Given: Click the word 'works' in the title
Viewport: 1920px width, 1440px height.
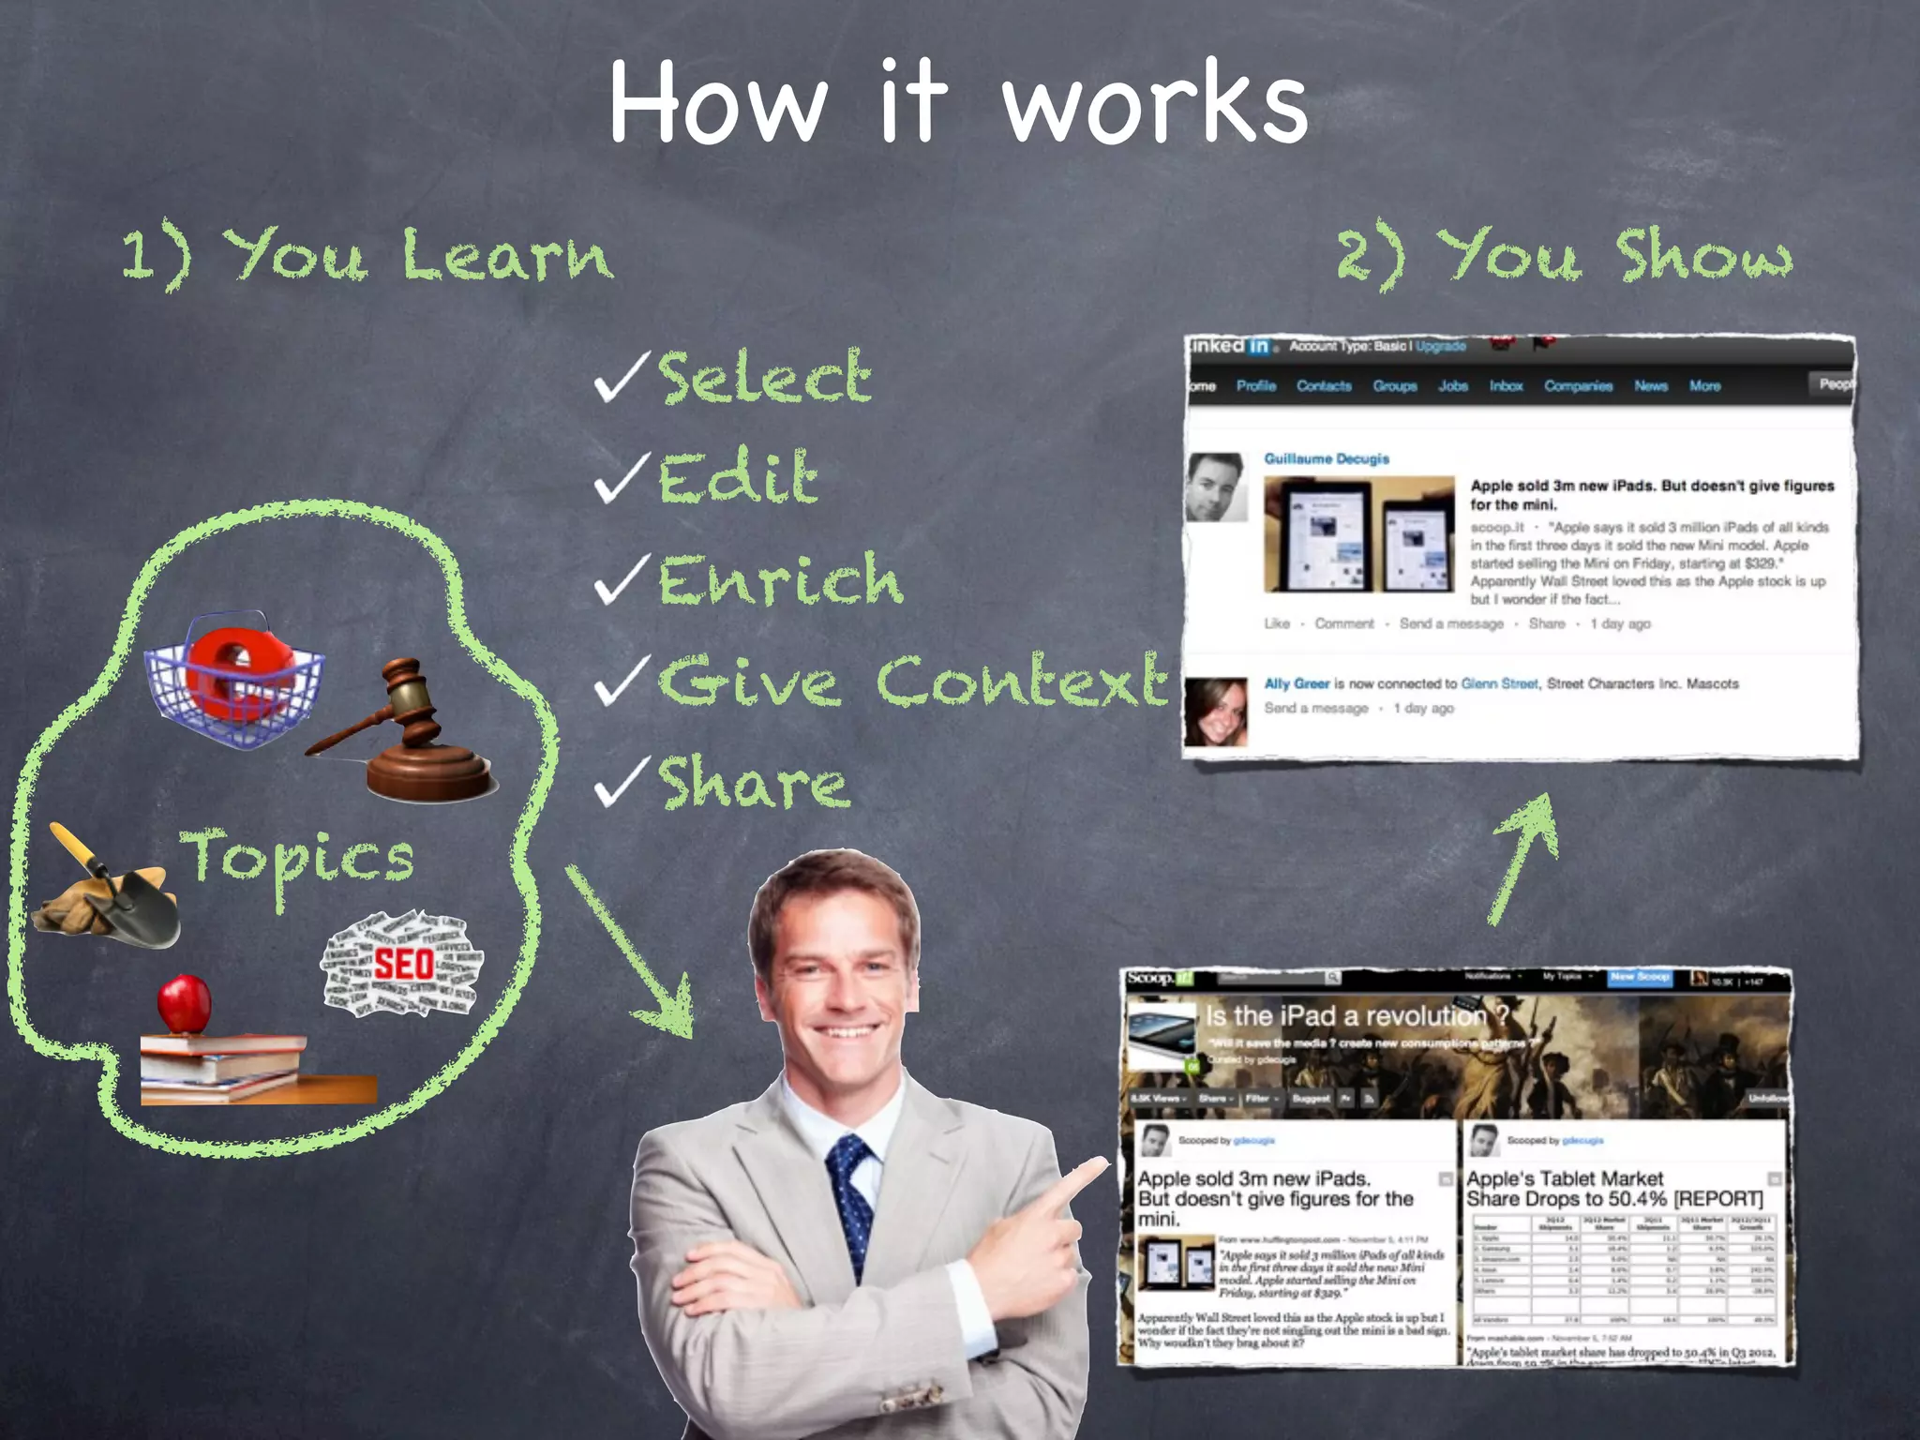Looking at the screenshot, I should coord(1155,105).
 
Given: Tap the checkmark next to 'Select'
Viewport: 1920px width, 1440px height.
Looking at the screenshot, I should coord(621,378).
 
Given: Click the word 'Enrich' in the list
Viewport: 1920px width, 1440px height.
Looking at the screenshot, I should coord(780,580).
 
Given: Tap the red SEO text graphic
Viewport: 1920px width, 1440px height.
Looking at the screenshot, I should coord(403,964).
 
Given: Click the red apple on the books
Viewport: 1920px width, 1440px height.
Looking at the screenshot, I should coord(185,1003).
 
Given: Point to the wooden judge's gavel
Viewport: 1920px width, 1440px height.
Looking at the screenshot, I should coord(412,736).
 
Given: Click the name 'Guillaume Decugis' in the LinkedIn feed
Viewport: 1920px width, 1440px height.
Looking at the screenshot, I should coord(1326,458).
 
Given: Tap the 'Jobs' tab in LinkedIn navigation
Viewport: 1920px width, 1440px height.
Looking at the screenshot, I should coord(1452,386).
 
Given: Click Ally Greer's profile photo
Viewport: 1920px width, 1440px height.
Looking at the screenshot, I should coord(1216,712).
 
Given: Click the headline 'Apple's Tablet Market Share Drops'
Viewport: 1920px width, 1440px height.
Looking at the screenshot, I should coord(1612,1188).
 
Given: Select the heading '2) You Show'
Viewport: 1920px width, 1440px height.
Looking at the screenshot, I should coord(1564,256).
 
